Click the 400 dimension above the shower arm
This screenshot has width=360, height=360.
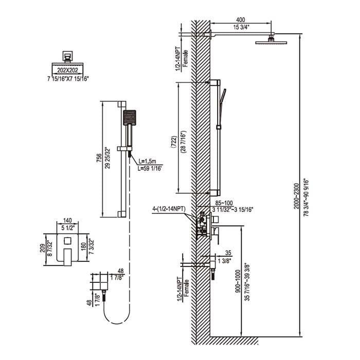coord(241,20)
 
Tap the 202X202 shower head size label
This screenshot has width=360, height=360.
coord(67,70)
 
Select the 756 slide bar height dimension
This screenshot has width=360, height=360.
coord(99,158)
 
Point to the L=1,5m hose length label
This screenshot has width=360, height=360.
coord(147,161)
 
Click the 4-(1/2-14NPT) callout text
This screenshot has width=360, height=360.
coord(169,209)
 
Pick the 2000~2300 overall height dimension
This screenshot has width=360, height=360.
coord(297,196)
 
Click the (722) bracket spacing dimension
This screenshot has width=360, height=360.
coord(174,142)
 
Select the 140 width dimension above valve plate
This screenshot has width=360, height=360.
coord(67,221)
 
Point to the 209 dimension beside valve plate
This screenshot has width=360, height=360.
coord(43,248)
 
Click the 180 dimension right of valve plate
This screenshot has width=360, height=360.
coord(83,247)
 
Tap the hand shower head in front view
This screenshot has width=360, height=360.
coord(130,118)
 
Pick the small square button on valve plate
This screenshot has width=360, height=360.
coord(67,241)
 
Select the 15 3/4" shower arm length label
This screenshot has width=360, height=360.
coord(242,27)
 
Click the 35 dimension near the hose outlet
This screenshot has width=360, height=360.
coord(228,253)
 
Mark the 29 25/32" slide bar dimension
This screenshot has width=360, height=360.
coord(107,158)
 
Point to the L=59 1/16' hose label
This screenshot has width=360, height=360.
coord(150,169)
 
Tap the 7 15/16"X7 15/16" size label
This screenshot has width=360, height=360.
coord(68,79)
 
